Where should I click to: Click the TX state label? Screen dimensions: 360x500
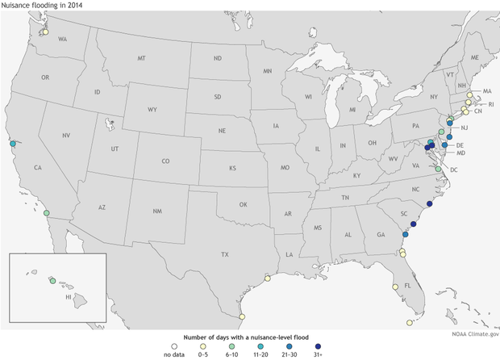point(225,254)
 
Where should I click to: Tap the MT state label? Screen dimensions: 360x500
point(141,59)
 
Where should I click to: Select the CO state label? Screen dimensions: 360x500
point(165,161)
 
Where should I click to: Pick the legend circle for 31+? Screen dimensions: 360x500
point(328,341)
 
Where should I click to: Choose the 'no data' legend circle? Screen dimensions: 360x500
point(169,341)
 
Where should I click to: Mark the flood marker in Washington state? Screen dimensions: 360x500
point(46,33)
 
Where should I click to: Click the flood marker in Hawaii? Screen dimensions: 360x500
point(52,282)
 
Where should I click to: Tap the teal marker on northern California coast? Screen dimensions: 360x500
point(13,144)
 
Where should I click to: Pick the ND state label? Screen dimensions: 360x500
point(217,59)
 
